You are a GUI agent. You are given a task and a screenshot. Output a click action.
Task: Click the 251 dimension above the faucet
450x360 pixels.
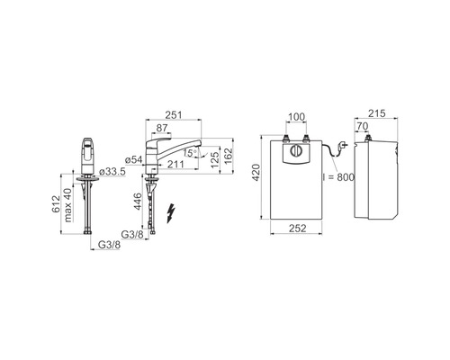point(174,114)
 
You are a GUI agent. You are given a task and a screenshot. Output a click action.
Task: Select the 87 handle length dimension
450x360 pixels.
point(162,128)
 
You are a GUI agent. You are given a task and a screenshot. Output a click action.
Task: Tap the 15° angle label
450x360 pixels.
point(190,153)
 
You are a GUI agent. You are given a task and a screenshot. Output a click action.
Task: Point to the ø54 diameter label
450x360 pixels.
point(134,160)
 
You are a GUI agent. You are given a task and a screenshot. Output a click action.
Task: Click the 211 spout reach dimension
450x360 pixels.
point(175,164)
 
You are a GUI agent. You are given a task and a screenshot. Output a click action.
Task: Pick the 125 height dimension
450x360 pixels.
point(215,159)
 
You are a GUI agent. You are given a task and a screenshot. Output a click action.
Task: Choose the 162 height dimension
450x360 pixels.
point(229,156)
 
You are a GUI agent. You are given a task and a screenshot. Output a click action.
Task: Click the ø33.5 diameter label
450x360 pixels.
point(112,172)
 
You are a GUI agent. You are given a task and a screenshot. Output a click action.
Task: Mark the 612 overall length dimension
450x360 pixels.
point(56,204)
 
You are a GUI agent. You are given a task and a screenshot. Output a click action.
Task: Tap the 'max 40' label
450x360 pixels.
point(68,205)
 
